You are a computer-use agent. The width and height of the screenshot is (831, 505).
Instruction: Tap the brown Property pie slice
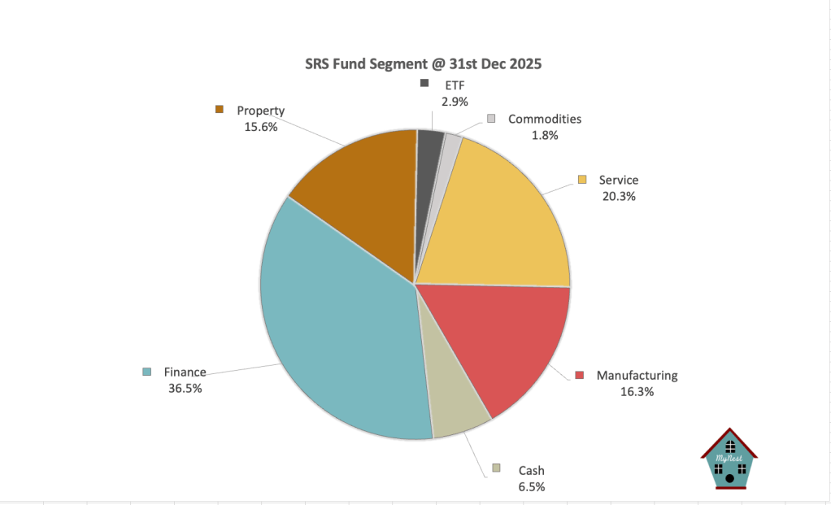coord(358,187)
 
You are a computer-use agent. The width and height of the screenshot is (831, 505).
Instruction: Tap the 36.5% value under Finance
coord(185,389)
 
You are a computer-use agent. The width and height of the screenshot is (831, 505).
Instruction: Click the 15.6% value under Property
coord(260,127)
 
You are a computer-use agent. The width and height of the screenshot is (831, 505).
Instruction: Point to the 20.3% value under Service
coord(618,196)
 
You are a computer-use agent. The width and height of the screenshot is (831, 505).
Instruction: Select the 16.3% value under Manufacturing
coord(637,392)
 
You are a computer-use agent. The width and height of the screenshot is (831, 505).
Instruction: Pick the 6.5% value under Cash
coord(531,486)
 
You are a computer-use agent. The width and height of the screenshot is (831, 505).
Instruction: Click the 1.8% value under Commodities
coord(545,136)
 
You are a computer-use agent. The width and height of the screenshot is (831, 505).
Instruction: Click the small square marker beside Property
coord(219,109)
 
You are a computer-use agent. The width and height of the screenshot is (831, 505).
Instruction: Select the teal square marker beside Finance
coord(147,372)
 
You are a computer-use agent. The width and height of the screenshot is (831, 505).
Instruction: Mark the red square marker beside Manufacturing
coord(580,375)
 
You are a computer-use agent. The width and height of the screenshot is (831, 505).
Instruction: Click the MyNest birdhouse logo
coord(729,459)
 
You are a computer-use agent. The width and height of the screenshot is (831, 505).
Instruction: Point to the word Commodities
coord(545,119)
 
